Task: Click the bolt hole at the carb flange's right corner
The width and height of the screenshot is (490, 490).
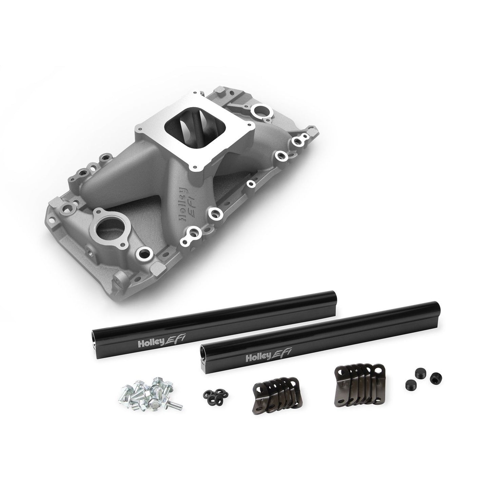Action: pos(251,126)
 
